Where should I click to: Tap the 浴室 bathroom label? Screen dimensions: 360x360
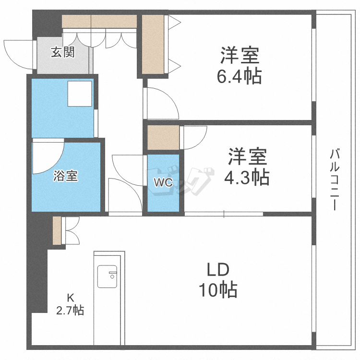pyautogui.click(x=65, y=176)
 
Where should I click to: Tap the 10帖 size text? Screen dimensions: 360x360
pyautogui.click(x=218, y=289)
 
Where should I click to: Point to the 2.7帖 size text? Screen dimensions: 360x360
pyautogui.click(x=70, y=311)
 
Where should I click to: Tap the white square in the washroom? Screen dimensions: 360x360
pyautogui.click(x=79, y=94)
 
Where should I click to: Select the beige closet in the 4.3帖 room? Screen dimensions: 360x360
pyautogui.click(x=163, y=138)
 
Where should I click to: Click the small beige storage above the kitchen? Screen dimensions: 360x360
pyautogui.click(x=57, y=231)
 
